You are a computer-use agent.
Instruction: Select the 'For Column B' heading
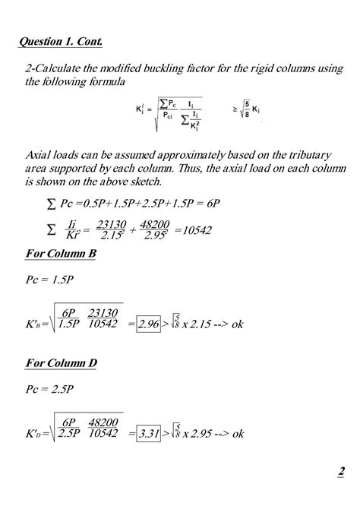tap(61, 253)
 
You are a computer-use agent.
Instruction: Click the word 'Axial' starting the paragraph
tap(39, 154)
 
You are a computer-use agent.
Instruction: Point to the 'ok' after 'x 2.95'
tap(237, 434)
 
